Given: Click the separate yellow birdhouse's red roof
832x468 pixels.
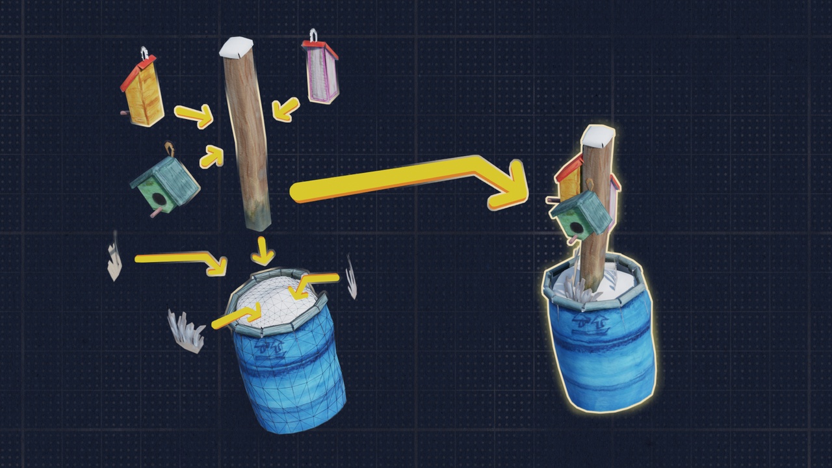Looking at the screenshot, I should pos(137,72).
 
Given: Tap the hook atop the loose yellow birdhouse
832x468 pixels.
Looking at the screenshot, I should pos(145,51).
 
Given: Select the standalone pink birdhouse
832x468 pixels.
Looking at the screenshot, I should pos(321,71).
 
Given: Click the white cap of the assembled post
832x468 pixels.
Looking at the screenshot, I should pos(598,136).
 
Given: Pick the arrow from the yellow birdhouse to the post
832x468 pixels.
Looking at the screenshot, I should pos(194,116).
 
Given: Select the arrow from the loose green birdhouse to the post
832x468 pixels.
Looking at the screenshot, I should pos(211,157).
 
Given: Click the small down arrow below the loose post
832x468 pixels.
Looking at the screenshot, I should pos(263,251).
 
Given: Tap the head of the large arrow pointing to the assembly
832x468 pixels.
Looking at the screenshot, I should pos(510,186).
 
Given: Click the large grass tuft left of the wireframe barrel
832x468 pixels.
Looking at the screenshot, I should pos(186,331).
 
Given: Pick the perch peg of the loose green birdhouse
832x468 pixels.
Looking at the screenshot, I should pos(155,213).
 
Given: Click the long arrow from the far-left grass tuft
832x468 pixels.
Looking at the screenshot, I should pos(179,260).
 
